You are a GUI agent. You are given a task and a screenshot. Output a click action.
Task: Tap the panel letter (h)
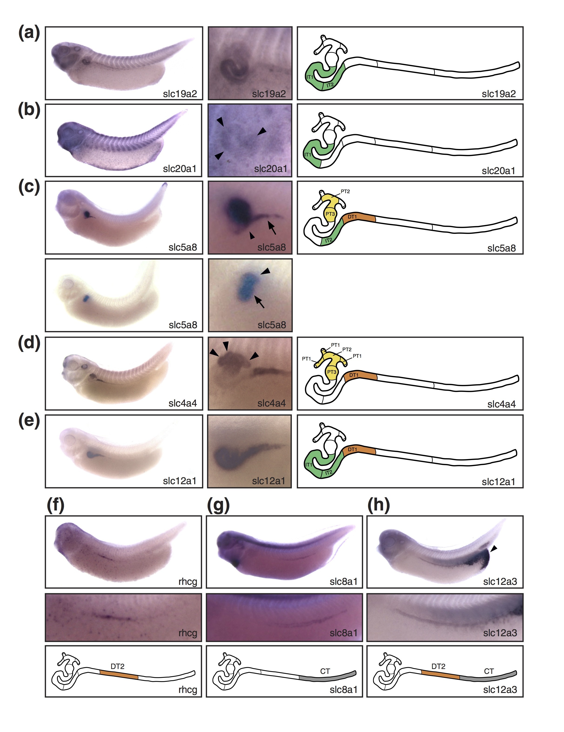(379, 505)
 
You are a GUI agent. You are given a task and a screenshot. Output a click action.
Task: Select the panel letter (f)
(55, 505)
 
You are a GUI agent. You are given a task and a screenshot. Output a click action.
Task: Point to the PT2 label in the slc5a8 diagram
(345, 191)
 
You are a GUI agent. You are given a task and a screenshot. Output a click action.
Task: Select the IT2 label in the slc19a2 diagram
(330, 85)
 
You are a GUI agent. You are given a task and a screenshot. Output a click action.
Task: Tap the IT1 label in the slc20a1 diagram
(307, 155)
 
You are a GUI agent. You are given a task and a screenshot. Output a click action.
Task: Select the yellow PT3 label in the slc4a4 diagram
(332, 372)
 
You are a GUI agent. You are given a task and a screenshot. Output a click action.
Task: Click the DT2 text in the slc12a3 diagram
(438, 666)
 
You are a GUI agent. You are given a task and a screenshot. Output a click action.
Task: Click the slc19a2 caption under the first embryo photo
(180, 94)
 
